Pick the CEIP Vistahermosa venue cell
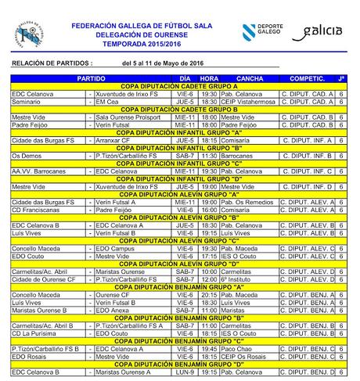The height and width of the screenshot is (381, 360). coord(247,101)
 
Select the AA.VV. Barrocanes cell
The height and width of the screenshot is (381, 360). coord(39,171)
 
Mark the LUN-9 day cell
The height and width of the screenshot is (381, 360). coord(185,372)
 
